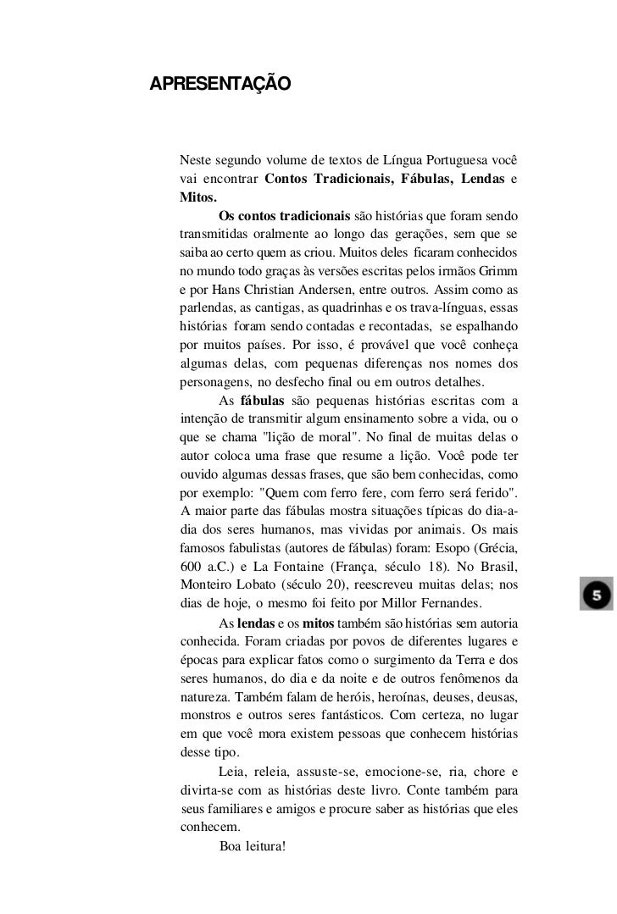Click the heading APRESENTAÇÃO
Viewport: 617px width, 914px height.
click(x=220, y=84)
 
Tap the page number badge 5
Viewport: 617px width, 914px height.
click(x=595, y=595)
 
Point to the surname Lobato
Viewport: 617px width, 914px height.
click(x=256, y=584)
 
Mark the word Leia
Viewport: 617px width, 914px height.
click(x=233, y=772)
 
